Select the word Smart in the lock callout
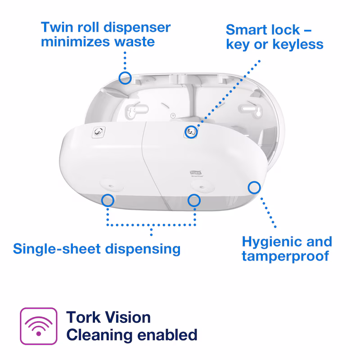(246, 30)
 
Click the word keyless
(297, 44)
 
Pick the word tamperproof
(285, 256)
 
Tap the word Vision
(128, 318)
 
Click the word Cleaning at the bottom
(99, 335)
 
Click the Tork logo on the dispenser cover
(196, 172)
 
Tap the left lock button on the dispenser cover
(99, 132)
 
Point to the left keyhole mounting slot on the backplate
(137, 110)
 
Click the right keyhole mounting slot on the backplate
(251, 109)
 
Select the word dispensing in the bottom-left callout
(143, 249)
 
